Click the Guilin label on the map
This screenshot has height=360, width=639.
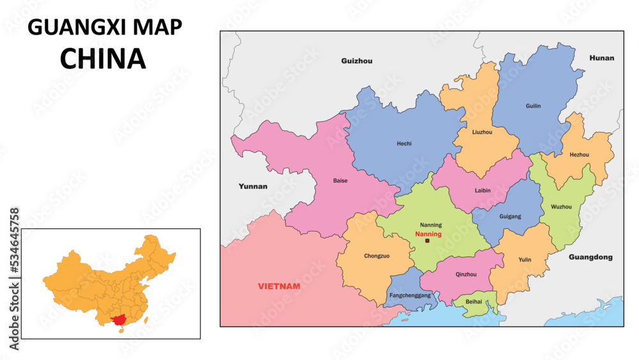[533, 106]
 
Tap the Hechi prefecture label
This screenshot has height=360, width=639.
[404, 144]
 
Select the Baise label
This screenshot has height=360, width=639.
[341, 181]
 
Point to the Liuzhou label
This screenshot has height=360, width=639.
[482, 132]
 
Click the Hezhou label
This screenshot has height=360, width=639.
[580, 155]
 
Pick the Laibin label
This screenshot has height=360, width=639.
[483, 190]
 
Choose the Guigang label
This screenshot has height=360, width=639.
[510, 217]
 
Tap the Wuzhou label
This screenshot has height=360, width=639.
[561, 207]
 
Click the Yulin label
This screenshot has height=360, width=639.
[525, 260]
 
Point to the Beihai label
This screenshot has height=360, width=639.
[474, 301]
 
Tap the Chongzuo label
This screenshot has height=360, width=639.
[376, 256]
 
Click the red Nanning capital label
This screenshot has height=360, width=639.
[428, 234]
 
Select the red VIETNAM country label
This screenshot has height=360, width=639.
[279, 286]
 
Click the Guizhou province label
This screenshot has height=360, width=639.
[357, 61]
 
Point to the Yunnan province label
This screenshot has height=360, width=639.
[253, 187]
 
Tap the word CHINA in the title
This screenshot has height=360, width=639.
[103, 58]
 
